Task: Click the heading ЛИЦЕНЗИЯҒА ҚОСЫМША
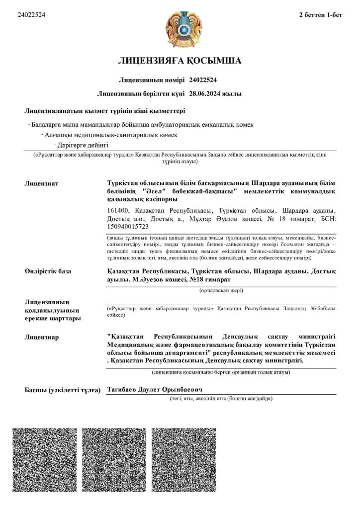click(180, 61)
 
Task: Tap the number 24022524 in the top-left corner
click(31, 15)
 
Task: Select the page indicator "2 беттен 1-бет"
click(320, 15)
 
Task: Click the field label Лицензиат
click(41, 183)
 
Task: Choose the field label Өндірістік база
click(48, 271)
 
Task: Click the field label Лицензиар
click(42, 338)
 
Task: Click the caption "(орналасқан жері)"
click(221, 289)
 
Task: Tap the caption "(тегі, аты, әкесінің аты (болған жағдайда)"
click(221, 399)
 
